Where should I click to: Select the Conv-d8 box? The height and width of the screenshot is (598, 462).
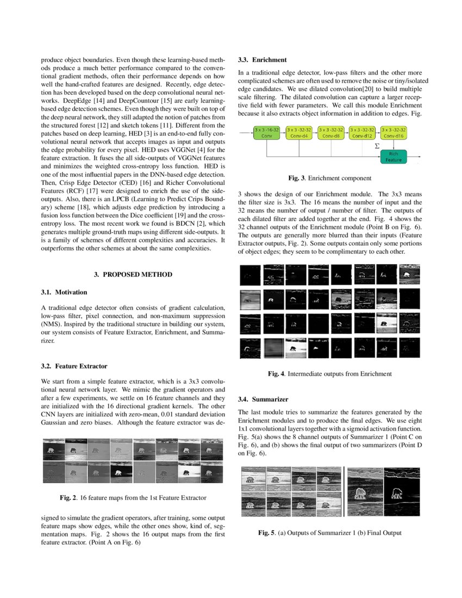pos(330,133)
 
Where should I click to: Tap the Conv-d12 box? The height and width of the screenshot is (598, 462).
pos(362,133)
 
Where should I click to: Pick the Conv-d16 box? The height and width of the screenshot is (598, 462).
pos(394,133)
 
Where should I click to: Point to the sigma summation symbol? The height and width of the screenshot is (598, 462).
pos(377,146)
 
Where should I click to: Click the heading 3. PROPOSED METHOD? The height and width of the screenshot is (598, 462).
pos(133,275)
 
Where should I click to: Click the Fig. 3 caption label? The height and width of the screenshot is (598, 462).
pos(297,178)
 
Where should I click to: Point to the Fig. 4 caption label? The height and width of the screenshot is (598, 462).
pos(277,374)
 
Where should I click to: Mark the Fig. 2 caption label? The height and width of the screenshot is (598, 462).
pos(67,497)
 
